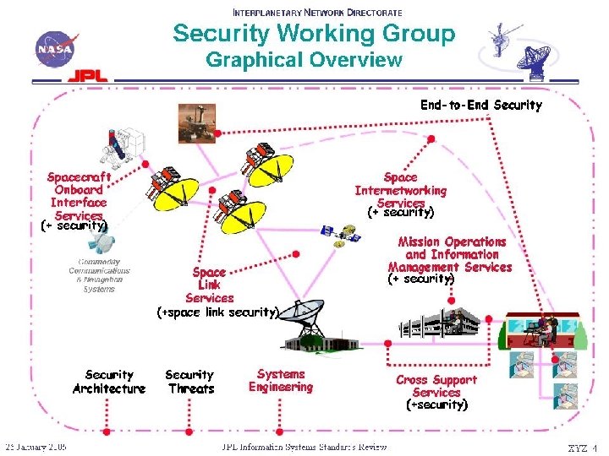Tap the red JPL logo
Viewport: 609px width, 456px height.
pyautogui.click(x=88, y=75)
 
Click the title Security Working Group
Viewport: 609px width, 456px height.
pyautogui.click(x=314, y=34)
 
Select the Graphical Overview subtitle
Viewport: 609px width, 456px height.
pyautogui.click(x=304, y=60)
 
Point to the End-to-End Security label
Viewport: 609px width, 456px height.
pyautogui.click(x=481, y=106)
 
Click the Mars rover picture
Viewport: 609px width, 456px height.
pyautogui.click(x=195, y=122)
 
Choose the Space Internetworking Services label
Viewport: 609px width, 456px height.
pyautogui.click(x=400, y=191)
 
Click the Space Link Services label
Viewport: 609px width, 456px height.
pyautogui.click(x=209, y=285)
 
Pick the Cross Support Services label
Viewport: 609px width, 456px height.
pyautogui.click(x=436, y=387)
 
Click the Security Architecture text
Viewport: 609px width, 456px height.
pyautogui.click(x=109, y=382)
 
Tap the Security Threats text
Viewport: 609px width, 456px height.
pyautogui.click(x=190, y=382)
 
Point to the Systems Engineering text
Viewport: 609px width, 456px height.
pyautogui.click(x=281, y=380)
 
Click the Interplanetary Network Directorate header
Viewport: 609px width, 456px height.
pyautogui.click(x=317, y=13)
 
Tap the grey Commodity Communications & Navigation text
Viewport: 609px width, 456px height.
pyautogui.click(x=100, y=275)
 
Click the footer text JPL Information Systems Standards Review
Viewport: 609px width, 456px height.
pyautogui.click(x=304, y=447)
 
